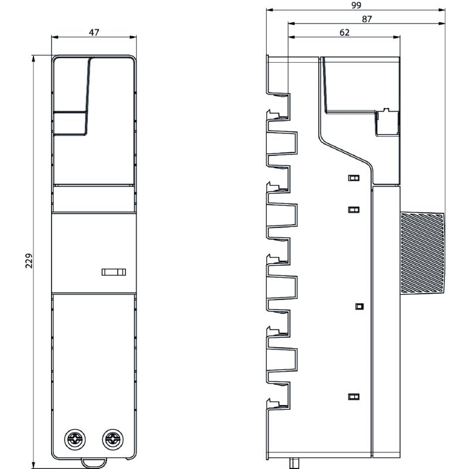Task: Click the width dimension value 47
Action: (x=93, y=32)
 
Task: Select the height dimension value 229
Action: (x=29, y=260)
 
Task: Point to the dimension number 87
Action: (x=367, y=19)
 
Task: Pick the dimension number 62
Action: (x=345, y=32)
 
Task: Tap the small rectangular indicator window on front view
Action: (x=113, y=271)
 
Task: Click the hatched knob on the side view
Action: (x=422, y=253)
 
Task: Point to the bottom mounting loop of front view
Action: (x=94, y=463)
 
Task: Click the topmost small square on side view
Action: (x=354, y=178)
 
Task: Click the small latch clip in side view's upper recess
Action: (x=386, y=111)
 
